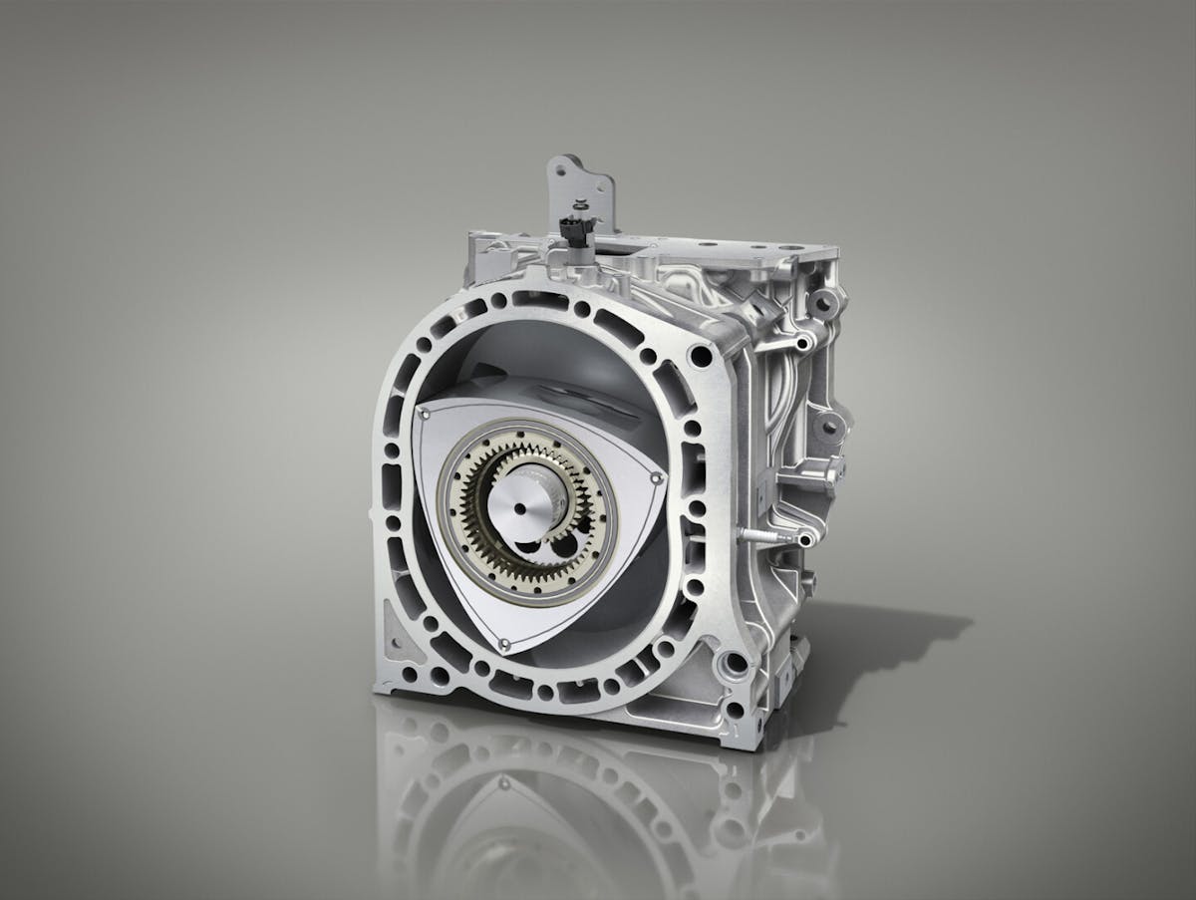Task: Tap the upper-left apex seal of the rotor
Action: coord(422,410)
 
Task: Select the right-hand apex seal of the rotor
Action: coord(655,483)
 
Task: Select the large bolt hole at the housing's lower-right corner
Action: coord(736,661)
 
